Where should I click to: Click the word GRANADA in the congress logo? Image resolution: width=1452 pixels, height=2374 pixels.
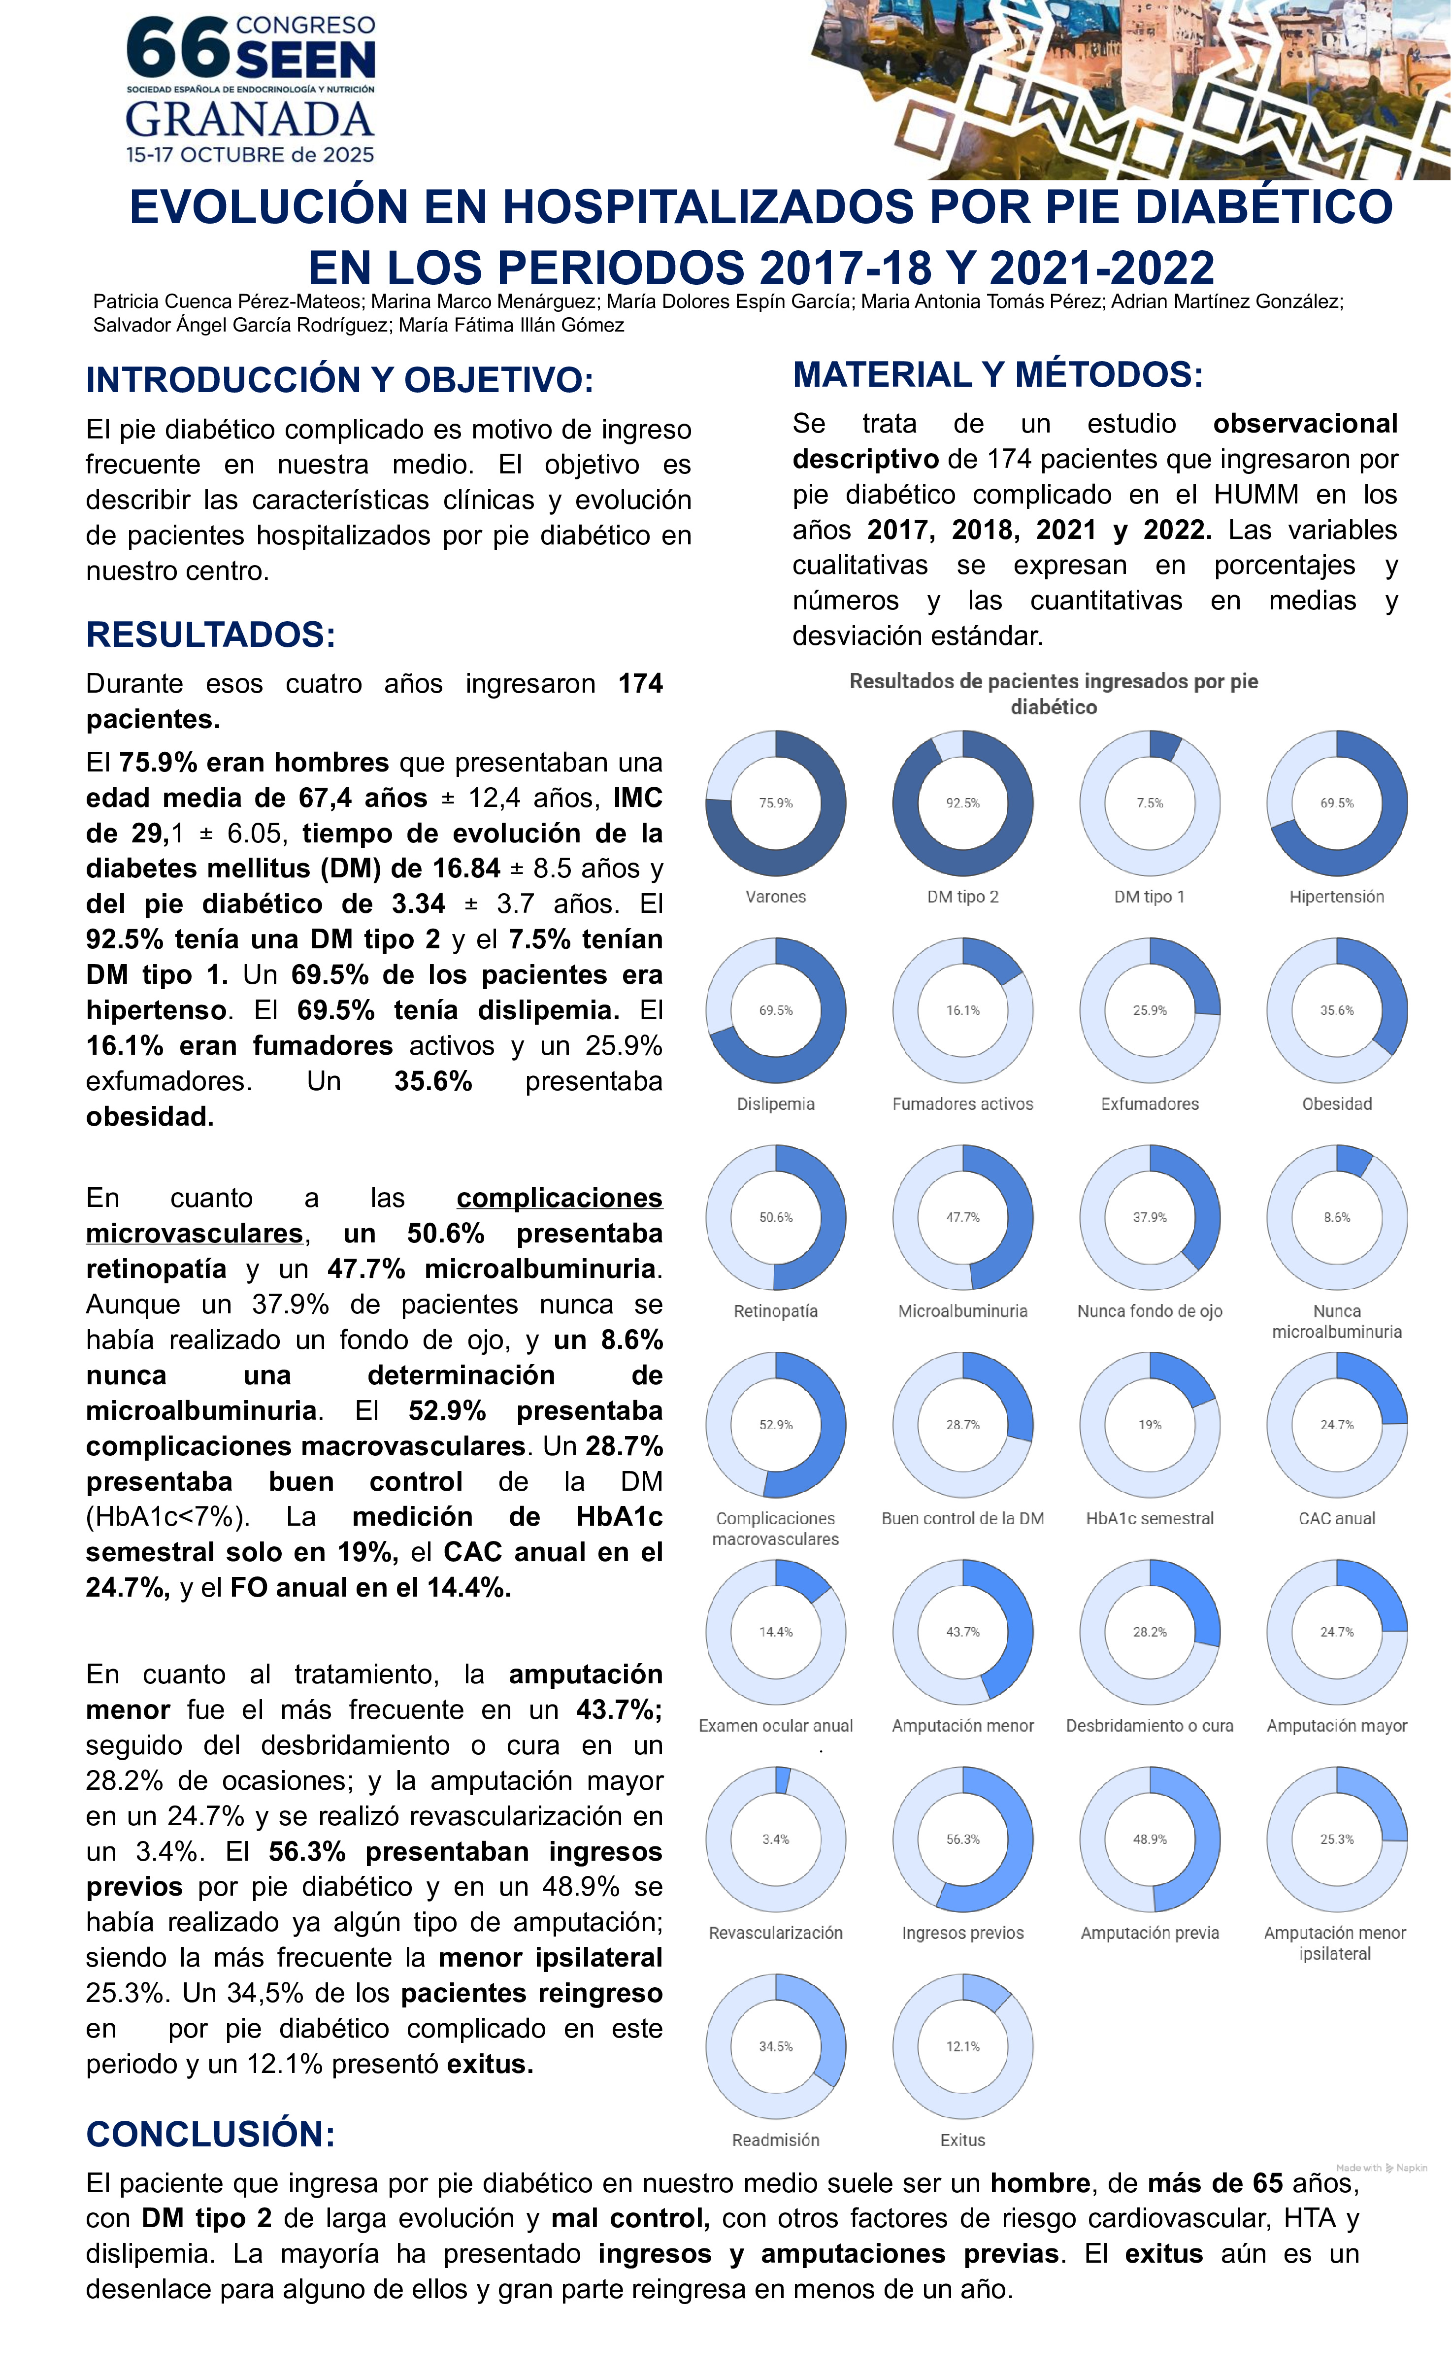coord(250,120)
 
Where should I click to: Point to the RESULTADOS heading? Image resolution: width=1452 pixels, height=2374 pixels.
coord(210,635)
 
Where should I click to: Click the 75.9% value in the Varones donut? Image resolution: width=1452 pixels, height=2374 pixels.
coord(776,802)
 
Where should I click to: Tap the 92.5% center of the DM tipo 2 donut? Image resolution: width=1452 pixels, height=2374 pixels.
coord(962,802)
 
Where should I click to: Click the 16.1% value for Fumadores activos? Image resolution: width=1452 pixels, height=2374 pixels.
coord(962,1010)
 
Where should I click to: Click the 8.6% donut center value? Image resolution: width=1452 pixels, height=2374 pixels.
coord(1336,1217)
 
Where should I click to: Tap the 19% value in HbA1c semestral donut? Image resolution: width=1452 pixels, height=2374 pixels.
coord(1150,1424)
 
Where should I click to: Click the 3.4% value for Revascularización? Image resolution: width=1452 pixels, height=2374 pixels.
coord(776,1839)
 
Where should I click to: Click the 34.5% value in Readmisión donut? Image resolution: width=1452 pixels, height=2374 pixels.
coord(776,2045)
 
